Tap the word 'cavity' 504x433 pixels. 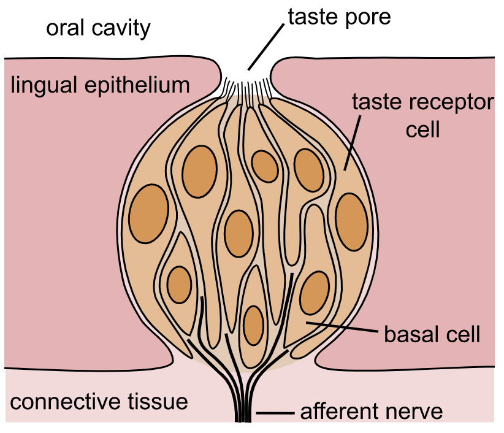click(x=120, y=29)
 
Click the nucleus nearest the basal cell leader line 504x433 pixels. click(x=315, y=293)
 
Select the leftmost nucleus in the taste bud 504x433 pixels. click(x=148, y=212)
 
